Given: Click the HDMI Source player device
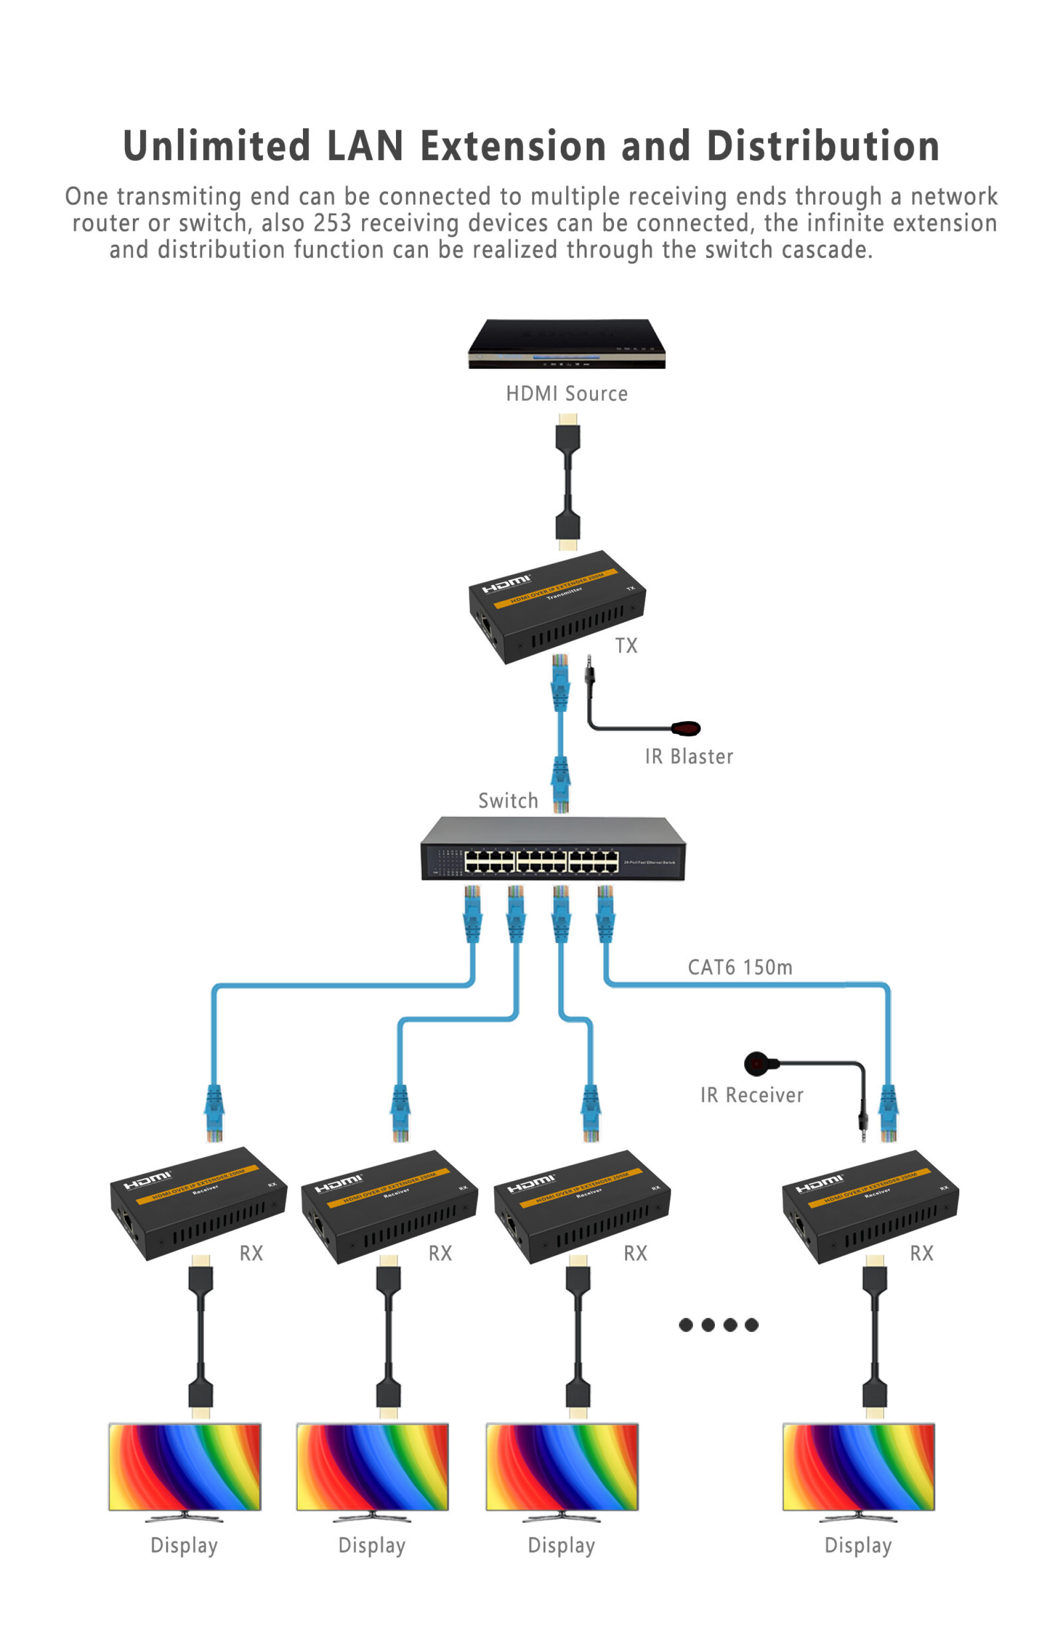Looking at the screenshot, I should pyautogui.click(x=566, y=342).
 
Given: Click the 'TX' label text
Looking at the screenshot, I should pyautogui.click(x=626, y=646).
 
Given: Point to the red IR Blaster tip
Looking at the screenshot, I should pyautogui.click(x=686, y=728).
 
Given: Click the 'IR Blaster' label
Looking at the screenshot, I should pyautogui.click(x=688, y=756).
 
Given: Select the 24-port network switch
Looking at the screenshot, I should pyautogui.click(x=552, y=849).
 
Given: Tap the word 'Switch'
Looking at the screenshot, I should pyautogui.click(x=508, y=801).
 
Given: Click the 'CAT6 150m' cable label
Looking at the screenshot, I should pyautogui.click(x=739, y=967).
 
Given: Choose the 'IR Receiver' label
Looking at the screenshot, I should pyautogui.click(x=751, y=1095).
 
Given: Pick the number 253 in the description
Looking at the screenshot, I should pyautogui.click(x=332, y=223).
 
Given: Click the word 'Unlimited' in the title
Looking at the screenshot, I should pyautogui.click(x=216, y=146).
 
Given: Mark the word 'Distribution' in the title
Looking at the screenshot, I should pyautogui.click(x=822, y=146).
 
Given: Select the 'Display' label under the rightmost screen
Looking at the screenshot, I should pyautogui.click(x=857, y=1545).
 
